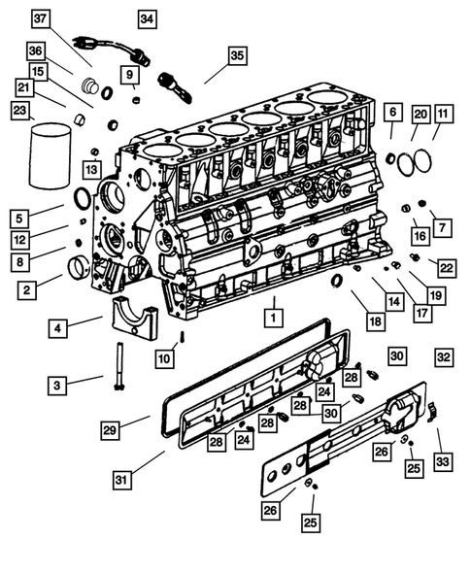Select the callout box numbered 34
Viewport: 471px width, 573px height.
(x=146, y=19)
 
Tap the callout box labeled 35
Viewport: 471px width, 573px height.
(x=238, y=55)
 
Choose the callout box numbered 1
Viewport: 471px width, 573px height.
(x=275, y=316)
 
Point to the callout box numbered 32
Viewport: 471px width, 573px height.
(x=443, y=356)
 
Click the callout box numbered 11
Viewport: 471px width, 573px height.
(x=443, y=115)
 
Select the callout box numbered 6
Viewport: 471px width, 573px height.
(x=392, y=115)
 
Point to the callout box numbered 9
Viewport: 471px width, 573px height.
(x=130, y=74)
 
